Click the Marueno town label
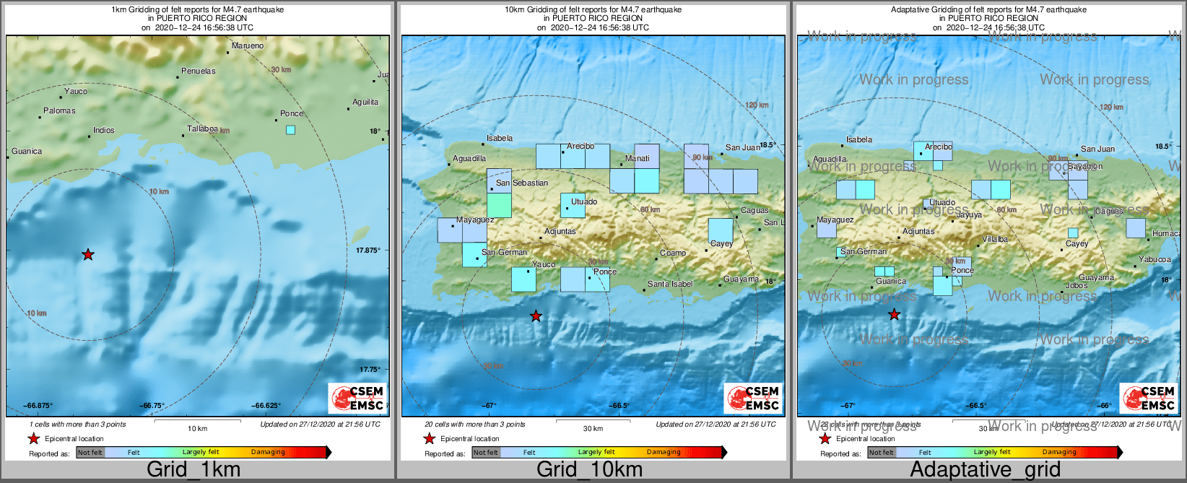click(248, 46)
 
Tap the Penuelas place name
click(199, 71)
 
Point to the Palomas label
click(59, 111)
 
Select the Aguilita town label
click(365, 103)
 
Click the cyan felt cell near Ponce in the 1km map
click(290, 130)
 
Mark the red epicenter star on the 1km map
click(88, 254)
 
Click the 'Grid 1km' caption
click(194, 469)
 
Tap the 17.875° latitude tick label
click(368, 251)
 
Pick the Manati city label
click(638, 159)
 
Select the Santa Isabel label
click(670, 284)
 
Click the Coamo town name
click(673, 253)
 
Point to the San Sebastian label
click(522, 183)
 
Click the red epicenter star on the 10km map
click(536, 316)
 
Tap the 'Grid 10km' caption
click(589, 469)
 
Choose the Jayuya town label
click(969, 215)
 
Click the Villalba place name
click(995, 240)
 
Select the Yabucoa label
click(1155, 260)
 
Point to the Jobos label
click(1077, 286)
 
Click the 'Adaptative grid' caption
click(985, 469)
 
